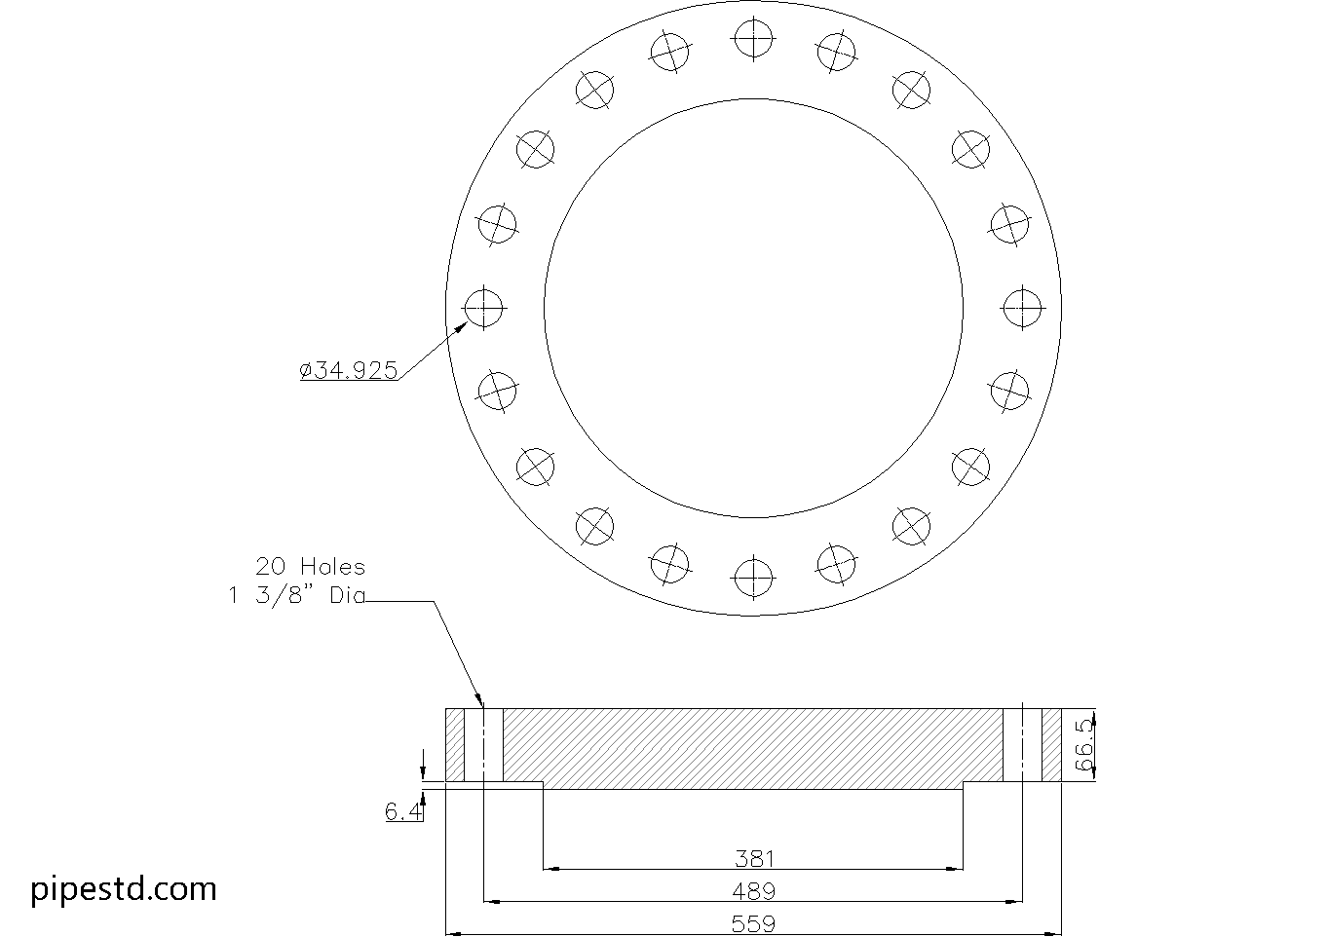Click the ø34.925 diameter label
pyautogui.click(x=349, y=370)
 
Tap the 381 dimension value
pyautogui.click(x=754, y=858)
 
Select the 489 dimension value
pyautogui.click(x=754, y=890)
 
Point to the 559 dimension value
pyautogui.click(x=754, y=923)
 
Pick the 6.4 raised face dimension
pyautogui.click(x=403, y=811)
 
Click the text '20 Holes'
pyautogui.click(x=311, y=566)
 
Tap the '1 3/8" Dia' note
pyautogui.click(x=296, y=596)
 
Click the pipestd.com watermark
pyautogui.click(x=124, y=888)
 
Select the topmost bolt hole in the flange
pyautogui.click(x=753, y=40)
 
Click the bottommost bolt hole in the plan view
pyautogui.click(x=753, y=576)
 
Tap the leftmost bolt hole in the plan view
pyautogui.click(x=484, y=308)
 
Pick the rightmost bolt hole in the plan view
pyautogui.click(x=1022, y=308)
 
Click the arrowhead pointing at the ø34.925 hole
pyautogui.click(x=461, y=328)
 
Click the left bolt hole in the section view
pyautogui.click(x=484, y=745)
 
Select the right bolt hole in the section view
pyautogui.click(x=1022, y=745)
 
